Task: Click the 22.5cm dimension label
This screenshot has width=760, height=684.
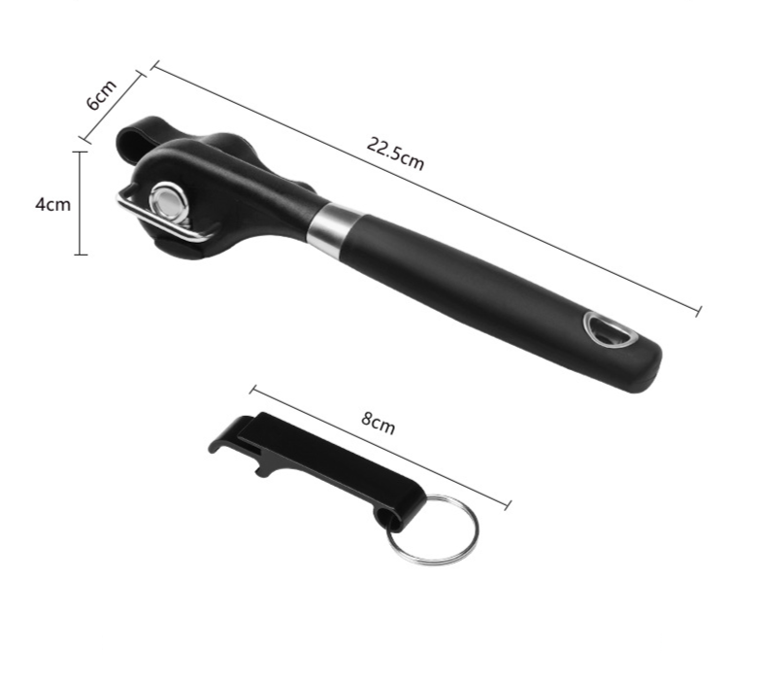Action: (395, 154)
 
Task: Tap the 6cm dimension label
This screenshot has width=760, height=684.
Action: (101, 94)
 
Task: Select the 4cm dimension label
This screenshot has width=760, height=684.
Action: (52, 204)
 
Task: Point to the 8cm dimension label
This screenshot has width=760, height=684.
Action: (379, 423)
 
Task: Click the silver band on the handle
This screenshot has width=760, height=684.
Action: (334, 228)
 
